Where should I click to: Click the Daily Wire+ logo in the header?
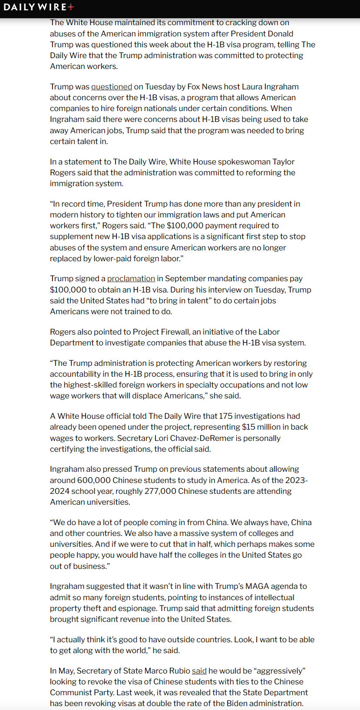(39, 7)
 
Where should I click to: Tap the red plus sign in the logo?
(71, 7)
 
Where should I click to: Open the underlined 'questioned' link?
(112, 87)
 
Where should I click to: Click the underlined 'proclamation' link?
(131, 279)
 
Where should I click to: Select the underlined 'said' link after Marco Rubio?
(199, 671)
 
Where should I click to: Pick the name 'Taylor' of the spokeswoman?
(283, 162)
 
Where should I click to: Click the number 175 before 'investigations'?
(226, 416)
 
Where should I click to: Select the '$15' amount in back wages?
(248, 427)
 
